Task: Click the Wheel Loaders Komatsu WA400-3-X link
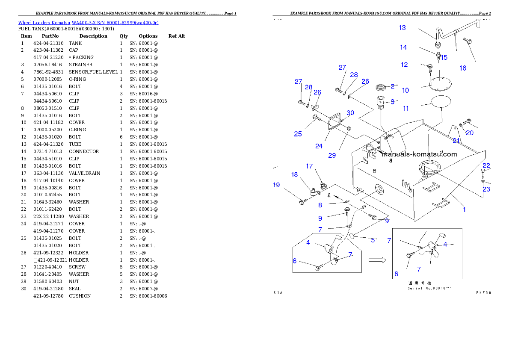tap(88, 23)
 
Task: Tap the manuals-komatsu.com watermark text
tap(419, 154)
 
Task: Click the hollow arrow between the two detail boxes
tap(377, 260)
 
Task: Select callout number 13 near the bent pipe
tap(402, 28)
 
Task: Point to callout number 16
tap(463, 68)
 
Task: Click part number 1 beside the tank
tap(465, 210)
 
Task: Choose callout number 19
tap(276, 185)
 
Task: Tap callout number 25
tap(298, 134)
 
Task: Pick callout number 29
tap(332, 155)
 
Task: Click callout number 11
tap(406, 108)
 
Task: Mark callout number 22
tap(486, 165)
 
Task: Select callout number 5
tap(373, 240)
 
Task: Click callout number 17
tap(309, 166)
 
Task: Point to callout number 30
tap(350, 113)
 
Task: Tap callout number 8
tap(320, 205)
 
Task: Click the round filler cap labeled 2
tap(381, 88)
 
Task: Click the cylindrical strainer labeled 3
tap(381, 103)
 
